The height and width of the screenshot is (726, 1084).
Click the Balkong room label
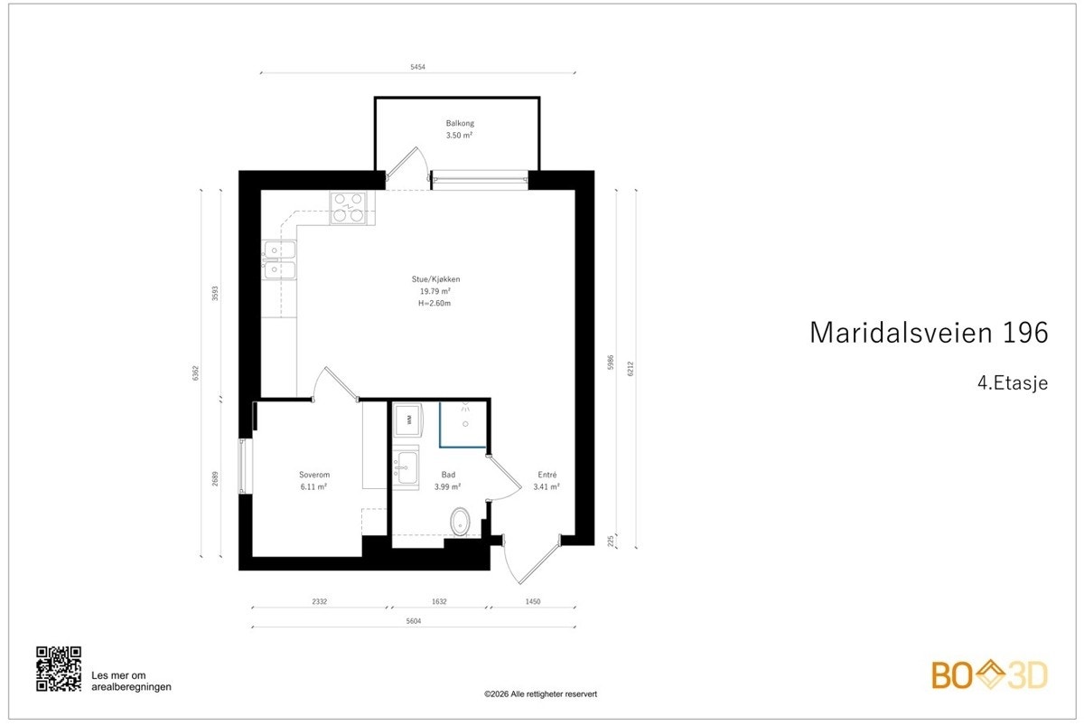point(459,123)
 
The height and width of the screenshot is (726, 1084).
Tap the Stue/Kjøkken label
point(436,279)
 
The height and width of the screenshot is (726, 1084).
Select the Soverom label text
point(313,475)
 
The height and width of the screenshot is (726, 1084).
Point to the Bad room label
point(448,475)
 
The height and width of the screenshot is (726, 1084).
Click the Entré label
point(547,475)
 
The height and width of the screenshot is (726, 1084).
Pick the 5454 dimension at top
point(418,66)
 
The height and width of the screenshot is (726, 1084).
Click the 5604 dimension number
point(414,621)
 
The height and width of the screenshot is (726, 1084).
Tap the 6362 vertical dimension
point(195,372)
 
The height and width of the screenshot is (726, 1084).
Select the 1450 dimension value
point(534,600)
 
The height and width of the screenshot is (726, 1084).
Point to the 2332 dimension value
point(320,600)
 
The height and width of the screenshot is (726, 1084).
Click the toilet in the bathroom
point(461,522)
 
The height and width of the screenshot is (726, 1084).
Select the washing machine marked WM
point(408,419)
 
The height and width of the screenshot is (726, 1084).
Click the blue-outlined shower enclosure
point(463,424)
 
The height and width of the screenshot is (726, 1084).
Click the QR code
point(59,669)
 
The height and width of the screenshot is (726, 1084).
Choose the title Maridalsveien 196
point(929,332)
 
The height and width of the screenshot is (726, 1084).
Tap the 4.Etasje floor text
point(1012,382)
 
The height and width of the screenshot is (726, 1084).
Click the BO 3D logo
point(989,675)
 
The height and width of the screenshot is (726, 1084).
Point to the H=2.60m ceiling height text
point(434,304)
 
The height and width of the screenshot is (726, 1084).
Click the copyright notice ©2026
point(541,693)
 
